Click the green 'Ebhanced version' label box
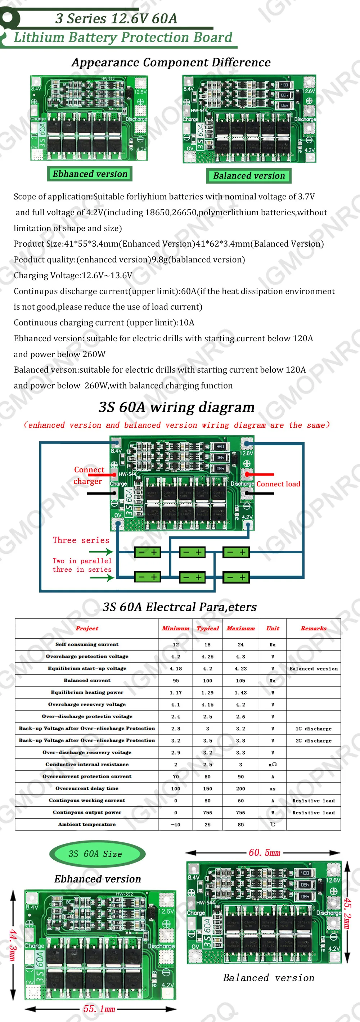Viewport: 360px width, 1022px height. [x=90, y=174]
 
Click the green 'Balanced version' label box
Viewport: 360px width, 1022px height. [x=249, y=176]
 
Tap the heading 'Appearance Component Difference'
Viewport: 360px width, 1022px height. [x=171, y=62]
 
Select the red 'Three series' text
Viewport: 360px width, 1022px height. [x=81, y=540]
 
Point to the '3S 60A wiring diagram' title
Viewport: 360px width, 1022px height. [x=176, y=407]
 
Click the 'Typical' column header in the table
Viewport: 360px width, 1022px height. [x=208, y=628]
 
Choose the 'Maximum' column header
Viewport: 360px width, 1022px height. [x=240, y=628]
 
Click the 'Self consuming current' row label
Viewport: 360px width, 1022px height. [x=87, y=644]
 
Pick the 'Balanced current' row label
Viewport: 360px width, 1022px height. [x=87, y=680]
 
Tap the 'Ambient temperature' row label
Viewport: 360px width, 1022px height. [x=87, y=824]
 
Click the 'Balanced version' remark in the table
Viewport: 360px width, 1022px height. [x=314, y=668]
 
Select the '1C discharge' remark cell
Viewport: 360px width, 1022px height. [x=314, y=728]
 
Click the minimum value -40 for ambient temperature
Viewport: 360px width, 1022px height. [x=175, y=824]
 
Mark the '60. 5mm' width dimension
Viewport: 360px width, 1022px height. [x=264, y=852]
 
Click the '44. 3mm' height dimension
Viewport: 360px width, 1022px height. [x=12, y=945]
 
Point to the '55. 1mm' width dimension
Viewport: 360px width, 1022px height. [x=99, y=1008]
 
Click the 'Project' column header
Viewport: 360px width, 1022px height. [x=87, y=628]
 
